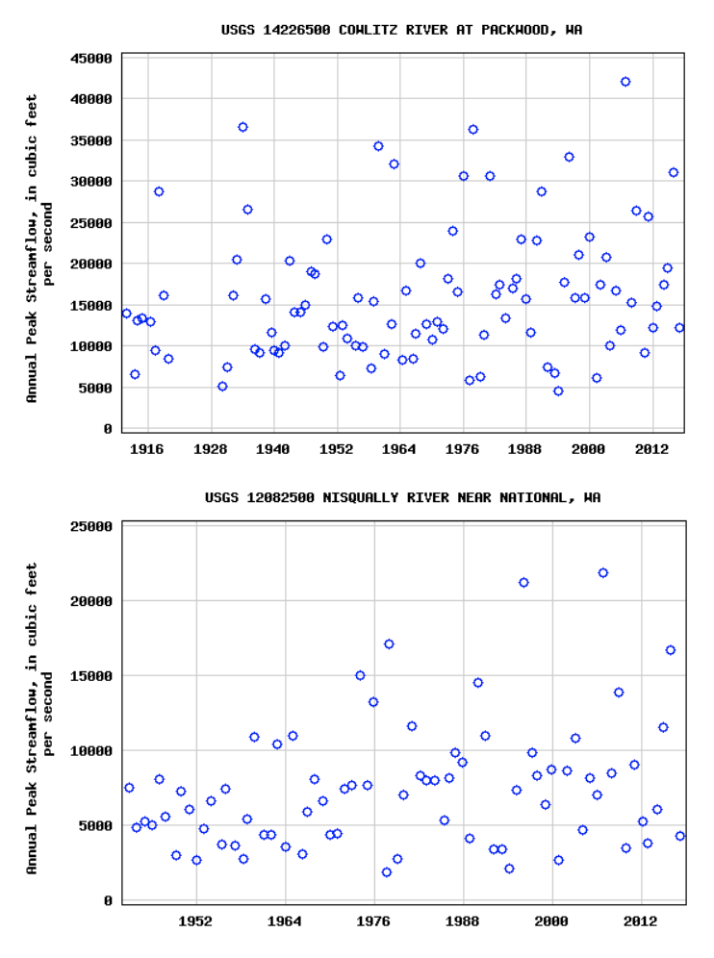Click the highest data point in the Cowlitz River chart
coord(625,82)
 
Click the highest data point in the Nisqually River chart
coord(603,572)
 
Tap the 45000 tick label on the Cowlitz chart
coord(91,58)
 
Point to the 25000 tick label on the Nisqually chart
coord(91,526)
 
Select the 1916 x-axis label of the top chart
coord(146,448)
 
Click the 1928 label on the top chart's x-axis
coord(210,448)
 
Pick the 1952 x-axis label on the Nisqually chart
coord(196,920)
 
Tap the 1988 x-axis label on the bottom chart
coord(464,920)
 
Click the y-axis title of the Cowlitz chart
coord(39,247)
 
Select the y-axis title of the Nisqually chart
coord(39,718)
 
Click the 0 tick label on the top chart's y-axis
coord(108,429)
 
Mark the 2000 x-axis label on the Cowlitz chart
coord(589,448)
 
